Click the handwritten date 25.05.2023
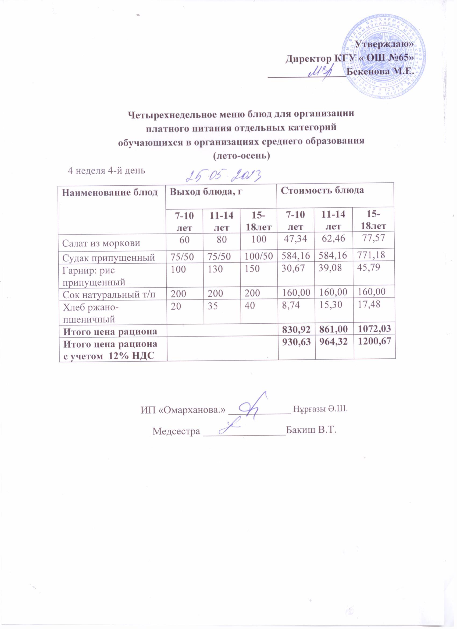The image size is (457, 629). (x=224, y=175)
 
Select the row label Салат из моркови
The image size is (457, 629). (x=101, y=243)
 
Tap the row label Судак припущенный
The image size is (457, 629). (x=108, y=258)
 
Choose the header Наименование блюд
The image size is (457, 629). (x=110, y=192)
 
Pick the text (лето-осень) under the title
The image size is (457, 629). (x=241, y=156)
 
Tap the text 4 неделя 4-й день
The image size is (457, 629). (x=107, y=170)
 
